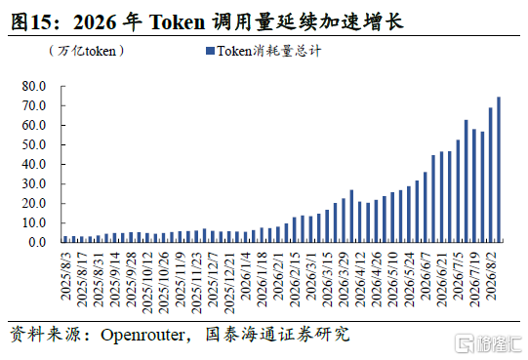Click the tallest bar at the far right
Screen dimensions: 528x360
[499, 170]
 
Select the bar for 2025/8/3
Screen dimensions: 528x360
[65, 239]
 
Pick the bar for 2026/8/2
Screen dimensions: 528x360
[491, 175]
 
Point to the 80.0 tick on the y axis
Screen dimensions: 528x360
[34, 86]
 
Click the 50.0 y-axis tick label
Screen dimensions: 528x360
[34, 144]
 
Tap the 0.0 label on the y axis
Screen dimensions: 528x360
[37, 242]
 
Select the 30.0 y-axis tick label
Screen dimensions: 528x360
[34, 183]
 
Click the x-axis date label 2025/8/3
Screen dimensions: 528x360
[66, 276]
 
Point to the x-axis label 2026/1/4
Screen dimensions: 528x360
[246, 276]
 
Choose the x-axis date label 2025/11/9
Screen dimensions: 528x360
[181, 279]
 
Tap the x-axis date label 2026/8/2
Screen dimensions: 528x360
[492, 276]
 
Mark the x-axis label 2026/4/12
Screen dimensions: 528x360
[361, 279]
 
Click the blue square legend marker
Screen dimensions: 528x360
[210, 51]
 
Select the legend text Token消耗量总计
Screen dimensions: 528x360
[268, 51]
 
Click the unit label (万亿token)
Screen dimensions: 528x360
[87, 51]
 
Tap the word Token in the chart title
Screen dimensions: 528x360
[177, 22]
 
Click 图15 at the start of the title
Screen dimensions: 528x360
[30, 22]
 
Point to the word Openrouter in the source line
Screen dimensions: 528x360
[142, 335]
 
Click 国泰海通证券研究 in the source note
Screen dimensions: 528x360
[277, 335]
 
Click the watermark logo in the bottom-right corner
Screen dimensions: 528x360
[488, 343]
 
